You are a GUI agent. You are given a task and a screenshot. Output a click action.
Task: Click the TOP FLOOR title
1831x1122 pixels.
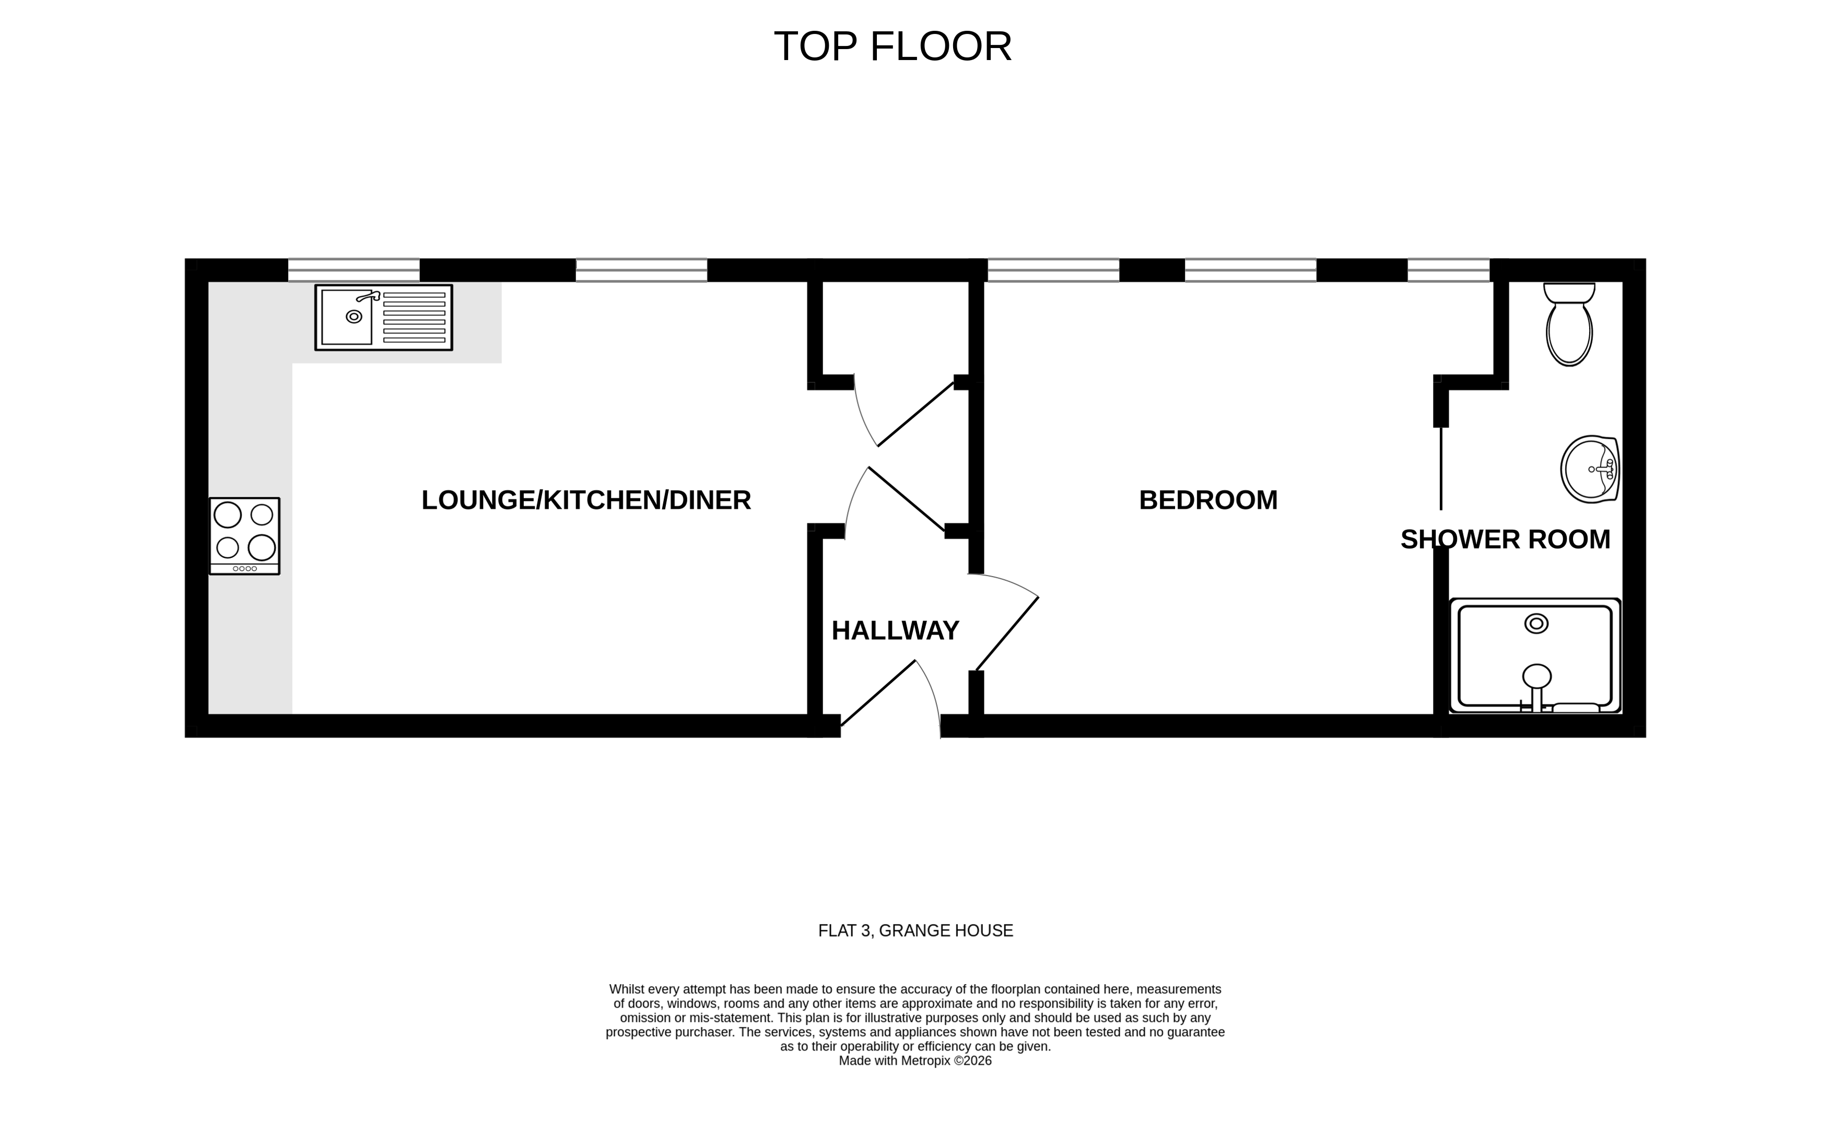coord(893,47)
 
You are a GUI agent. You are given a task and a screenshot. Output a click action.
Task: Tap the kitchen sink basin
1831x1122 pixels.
coord(347,317)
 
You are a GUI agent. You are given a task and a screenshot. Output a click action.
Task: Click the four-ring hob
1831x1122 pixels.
coord(244,531)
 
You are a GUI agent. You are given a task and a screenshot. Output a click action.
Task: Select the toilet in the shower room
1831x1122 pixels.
coord(1569,327)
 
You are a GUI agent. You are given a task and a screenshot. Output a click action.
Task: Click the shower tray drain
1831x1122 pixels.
coord(1536,623)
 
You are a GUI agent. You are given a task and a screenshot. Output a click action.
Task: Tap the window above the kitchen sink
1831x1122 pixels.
coord(354,270)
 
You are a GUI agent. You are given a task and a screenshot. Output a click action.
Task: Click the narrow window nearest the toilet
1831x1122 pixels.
coord(1448,270)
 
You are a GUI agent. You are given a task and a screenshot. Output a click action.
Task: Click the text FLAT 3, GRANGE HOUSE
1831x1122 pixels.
coord(915,931)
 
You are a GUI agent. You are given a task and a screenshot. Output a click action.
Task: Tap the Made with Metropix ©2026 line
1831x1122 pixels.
coord(915,1061)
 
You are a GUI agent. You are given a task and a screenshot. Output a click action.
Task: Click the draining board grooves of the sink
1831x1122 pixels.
coord(414,317)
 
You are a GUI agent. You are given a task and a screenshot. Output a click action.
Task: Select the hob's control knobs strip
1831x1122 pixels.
coord(244,568)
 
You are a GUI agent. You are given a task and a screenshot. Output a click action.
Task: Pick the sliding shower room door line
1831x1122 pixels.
coord(1441,468)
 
